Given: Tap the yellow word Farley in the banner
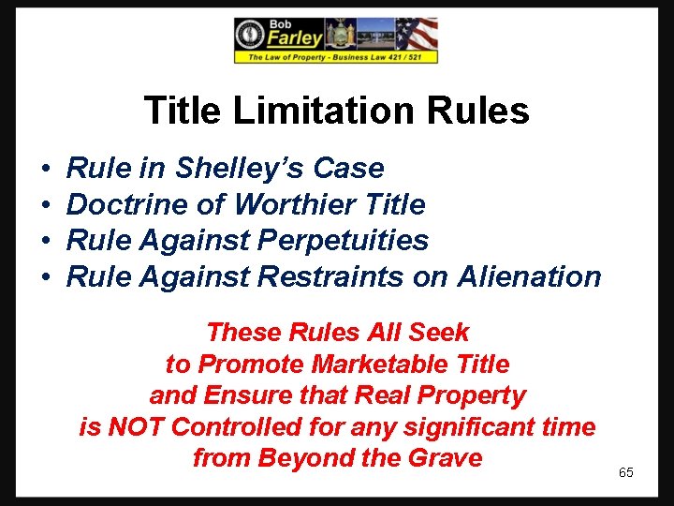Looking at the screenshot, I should click(295, 38).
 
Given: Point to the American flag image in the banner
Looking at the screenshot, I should click(416, 35).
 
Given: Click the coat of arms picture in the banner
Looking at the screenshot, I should click(339, 36).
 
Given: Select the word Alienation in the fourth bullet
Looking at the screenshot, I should click(530, 276).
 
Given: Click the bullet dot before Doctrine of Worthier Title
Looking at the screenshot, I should click(46, 205).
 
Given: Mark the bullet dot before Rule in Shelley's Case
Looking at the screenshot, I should click(46, 170).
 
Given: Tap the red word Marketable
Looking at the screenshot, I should click(357, 364).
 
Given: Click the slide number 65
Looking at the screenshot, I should click(626, 472).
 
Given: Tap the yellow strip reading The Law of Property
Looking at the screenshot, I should click(335, 57).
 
